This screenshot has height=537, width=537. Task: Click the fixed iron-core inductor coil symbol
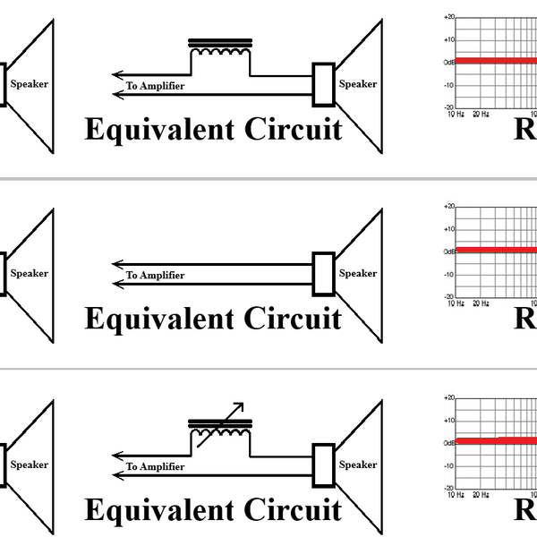[x=220, y=54]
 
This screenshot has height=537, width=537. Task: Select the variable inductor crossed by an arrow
[x=220, y=429]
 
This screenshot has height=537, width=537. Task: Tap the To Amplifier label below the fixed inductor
[x=155, y=86]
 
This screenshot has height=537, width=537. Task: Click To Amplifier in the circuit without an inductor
[x=155, y=276]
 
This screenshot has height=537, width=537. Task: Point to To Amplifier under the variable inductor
[x=155, y=466]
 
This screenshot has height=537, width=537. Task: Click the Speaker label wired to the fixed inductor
[x=358, y=84]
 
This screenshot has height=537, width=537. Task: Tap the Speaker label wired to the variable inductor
[x=358, y=465]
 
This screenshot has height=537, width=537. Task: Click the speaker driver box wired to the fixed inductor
[x=323, y=84]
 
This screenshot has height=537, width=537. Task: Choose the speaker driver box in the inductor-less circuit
[x=323, y=274]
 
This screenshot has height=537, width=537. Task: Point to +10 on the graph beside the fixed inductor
[x=450, y=39]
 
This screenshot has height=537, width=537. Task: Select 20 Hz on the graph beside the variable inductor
[x=482, y=494]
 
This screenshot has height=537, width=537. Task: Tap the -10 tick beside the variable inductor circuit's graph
[x=450, y=465]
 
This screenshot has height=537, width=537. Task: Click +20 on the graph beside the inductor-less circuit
[x=450, y=208]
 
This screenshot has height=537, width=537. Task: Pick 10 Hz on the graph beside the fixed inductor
[x=456, y=115]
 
